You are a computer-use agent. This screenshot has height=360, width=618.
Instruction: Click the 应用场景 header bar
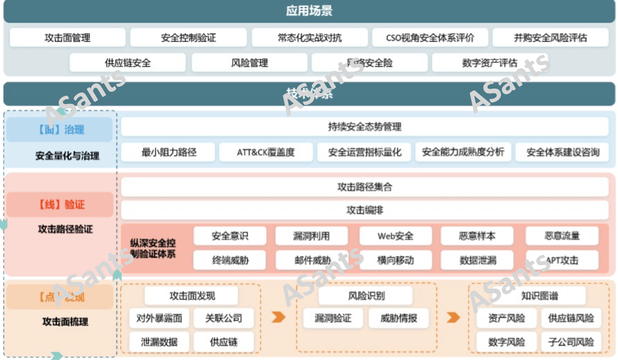coord(309,11)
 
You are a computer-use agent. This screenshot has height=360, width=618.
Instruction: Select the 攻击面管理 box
coord(67,37)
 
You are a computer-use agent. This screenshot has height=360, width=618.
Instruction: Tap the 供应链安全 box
coord(127,63)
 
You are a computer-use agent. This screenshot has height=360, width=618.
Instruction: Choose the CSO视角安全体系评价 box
coord(430,37)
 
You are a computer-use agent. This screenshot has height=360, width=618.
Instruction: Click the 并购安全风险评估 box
coord(550,37)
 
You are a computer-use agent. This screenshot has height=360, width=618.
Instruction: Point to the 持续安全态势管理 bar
coord(364,126)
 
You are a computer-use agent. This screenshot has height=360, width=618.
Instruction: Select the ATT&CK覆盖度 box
coord(266,152)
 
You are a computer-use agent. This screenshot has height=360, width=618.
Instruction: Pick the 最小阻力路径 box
coord(169,152)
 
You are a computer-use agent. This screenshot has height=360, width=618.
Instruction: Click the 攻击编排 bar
coord(364,210)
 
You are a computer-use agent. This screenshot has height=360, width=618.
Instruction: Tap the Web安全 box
coord(395,236)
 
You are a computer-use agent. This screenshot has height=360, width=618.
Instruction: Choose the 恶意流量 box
coord(562,236)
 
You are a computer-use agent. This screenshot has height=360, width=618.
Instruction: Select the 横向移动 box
coord(395,260)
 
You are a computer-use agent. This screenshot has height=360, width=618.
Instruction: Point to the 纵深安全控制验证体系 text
coord(153,248)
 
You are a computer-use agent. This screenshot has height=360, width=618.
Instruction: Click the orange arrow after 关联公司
coord(278,317)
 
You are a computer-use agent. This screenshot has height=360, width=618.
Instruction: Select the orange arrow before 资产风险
coord(453,317)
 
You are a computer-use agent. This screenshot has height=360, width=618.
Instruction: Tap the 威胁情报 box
coord(398,318)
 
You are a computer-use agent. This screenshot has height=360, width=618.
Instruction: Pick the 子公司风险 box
coord(571,342)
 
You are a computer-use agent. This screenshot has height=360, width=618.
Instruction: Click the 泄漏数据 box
coord(159,342)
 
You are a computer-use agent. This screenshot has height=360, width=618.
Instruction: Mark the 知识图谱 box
coord(539,296)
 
